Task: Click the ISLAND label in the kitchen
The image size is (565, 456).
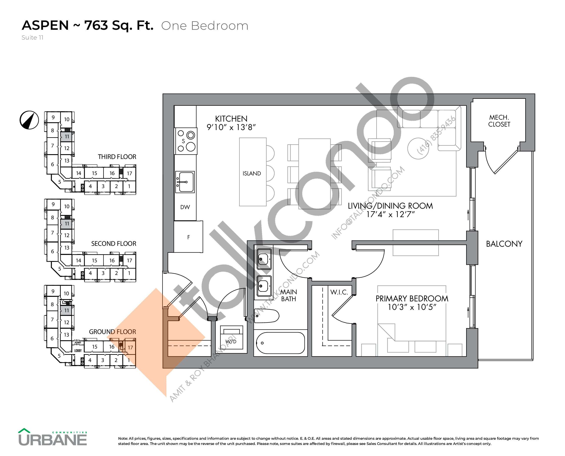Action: [x=252, y=173]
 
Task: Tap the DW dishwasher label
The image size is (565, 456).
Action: [x=185, y=207]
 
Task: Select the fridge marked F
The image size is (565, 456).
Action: [x=188, y=237]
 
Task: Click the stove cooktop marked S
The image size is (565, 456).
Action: [x=186, y=141]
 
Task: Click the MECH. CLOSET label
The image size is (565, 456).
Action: [x=499, y=121]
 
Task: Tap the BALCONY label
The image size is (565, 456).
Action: [x=504, y=244]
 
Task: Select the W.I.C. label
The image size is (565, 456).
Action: [x=339, y=292]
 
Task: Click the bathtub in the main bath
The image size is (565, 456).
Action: [x=280, y=343]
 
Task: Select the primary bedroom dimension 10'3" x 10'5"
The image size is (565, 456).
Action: [x=412, y=307]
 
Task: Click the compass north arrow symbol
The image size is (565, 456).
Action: [x=29, y=120]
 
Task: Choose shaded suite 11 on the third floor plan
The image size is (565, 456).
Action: [x=67, y=137]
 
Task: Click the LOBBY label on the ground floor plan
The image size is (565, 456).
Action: [x=78, y=351]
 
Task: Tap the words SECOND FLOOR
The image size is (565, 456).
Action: [x=114, y=243]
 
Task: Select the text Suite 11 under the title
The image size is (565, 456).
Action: [x=32, y=38]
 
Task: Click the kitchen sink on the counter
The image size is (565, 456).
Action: [x=185, y=182]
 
